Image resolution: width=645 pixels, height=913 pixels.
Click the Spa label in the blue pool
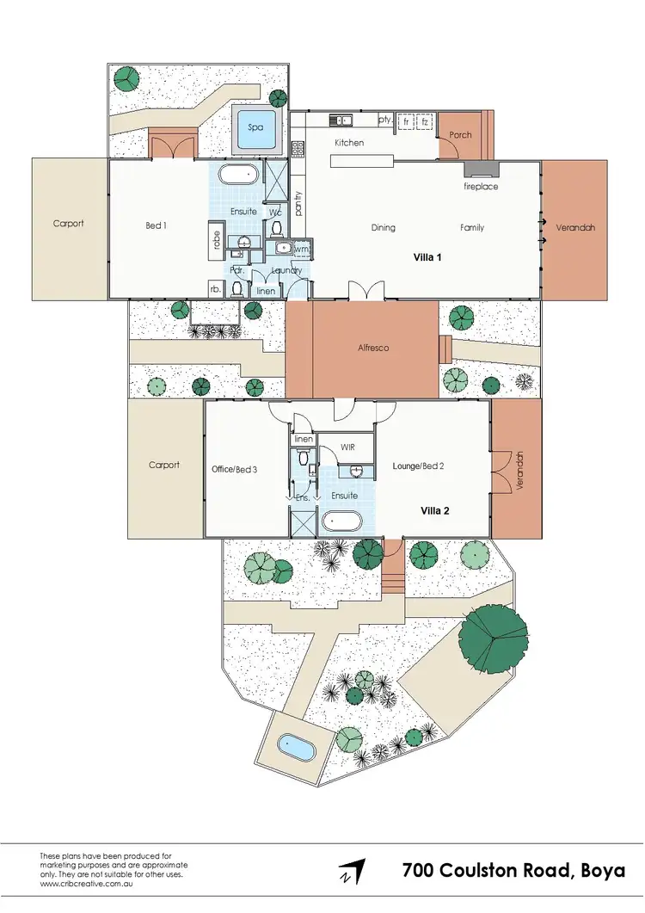[255, 126]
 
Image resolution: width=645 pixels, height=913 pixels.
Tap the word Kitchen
[349, 143]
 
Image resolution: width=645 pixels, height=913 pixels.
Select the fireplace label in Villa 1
[481, 187]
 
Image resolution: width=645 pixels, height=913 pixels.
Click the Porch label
[461, 135]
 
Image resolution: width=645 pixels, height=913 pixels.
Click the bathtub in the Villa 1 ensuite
[237, 176]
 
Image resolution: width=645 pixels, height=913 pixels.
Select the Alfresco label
[374, 349]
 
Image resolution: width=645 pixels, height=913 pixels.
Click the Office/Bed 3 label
[234, 470]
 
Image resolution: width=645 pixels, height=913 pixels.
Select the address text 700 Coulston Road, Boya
[514, 870]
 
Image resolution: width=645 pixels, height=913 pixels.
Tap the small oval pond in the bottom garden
[298, 748]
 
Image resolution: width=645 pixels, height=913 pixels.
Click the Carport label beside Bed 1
[68, 224]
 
